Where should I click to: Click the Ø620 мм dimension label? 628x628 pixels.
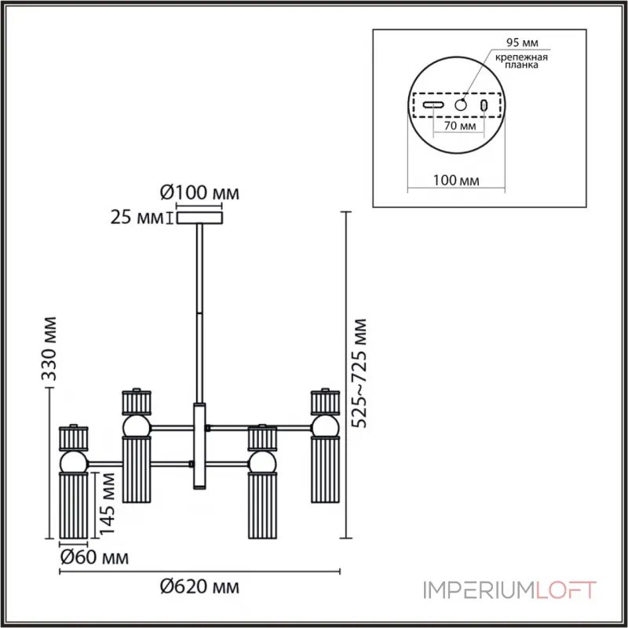pyautogui.click(x=199, y=586)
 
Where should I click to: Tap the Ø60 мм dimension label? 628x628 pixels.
pyautogui.click(x=94, y=557)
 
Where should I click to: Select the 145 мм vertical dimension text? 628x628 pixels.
pyautogui.click(x=107, y=503)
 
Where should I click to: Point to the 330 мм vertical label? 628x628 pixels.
pyautogui.click(x=49, y=349)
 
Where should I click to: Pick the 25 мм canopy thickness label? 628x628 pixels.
pyautogui.click(x=137, y=217)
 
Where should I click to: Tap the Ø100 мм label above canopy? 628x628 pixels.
pyautogui.click(x=199, y=192)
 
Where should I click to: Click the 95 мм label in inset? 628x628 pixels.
pyautogui.click(x=522, y=42)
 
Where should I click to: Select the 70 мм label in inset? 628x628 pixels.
pyautogui.click(x=460, y=126)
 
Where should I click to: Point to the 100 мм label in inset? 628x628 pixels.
pyautogui.click(x=456, y=181)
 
